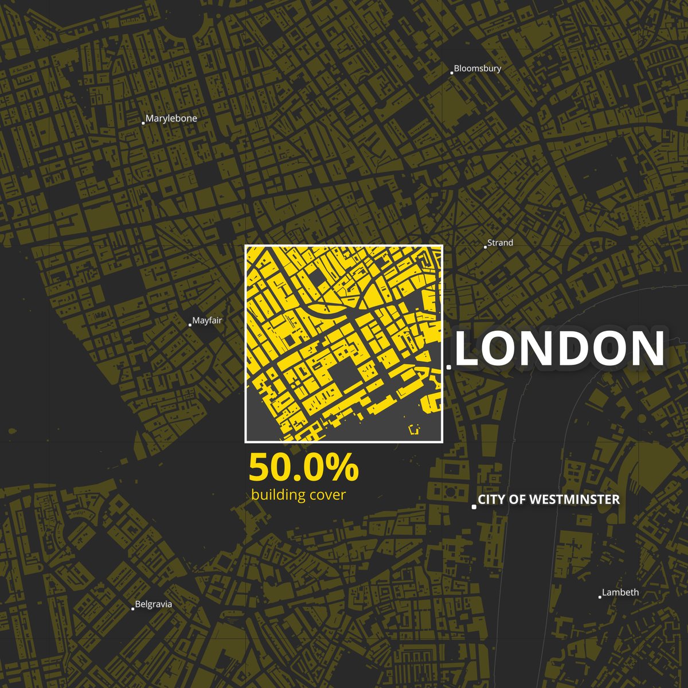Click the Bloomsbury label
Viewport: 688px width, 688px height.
[x=478, y=69]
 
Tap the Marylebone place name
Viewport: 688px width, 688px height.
[x=171, y=119]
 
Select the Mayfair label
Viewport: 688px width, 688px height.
[x=207, y=321]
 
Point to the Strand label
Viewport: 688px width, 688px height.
[x=500, y=243]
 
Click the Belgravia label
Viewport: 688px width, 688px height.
[x=153, y=604]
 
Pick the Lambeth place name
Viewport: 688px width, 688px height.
[x=620, y=593]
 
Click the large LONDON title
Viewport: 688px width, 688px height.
[x=560, y=349]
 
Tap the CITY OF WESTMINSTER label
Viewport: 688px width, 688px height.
[x=549, y=500]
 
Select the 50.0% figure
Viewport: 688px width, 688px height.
[x=303, y=468]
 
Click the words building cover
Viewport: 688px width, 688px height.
[x=298, y=495]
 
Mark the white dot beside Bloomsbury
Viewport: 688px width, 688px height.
[x=452, y=73]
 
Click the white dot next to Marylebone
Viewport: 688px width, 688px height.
[x=143, y=123]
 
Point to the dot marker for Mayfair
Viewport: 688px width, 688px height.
[x=190, y=325]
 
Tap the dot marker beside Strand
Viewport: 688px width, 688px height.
[x=485, y=247]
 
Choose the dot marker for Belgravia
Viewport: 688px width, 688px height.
[x=133, y=609]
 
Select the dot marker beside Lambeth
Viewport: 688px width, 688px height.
[x=600, y=597]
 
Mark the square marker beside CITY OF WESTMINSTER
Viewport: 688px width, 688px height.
[x=474, y=507]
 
